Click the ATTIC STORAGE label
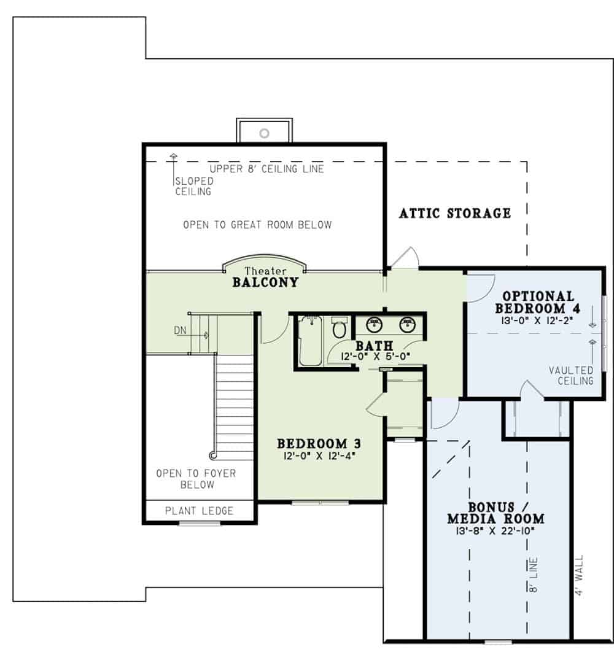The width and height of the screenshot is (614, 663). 454,213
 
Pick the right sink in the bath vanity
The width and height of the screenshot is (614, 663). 407,325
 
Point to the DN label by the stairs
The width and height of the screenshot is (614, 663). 180,330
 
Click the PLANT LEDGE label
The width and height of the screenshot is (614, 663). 200,511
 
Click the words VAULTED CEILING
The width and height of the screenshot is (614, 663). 571,376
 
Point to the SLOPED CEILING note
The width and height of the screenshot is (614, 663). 193,186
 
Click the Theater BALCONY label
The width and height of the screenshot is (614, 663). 265,278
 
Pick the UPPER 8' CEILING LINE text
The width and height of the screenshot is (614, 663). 266,168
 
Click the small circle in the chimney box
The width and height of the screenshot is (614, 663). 265,132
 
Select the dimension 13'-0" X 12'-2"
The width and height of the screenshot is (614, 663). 535,320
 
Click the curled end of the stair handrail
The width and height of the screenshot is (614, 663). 213,455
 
